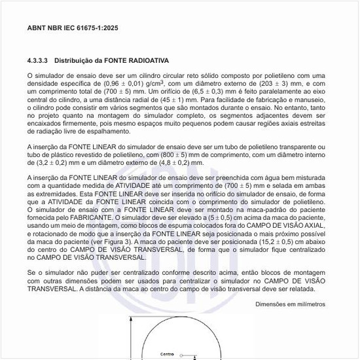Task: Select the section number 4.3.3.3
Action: (x=38, y=60)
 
